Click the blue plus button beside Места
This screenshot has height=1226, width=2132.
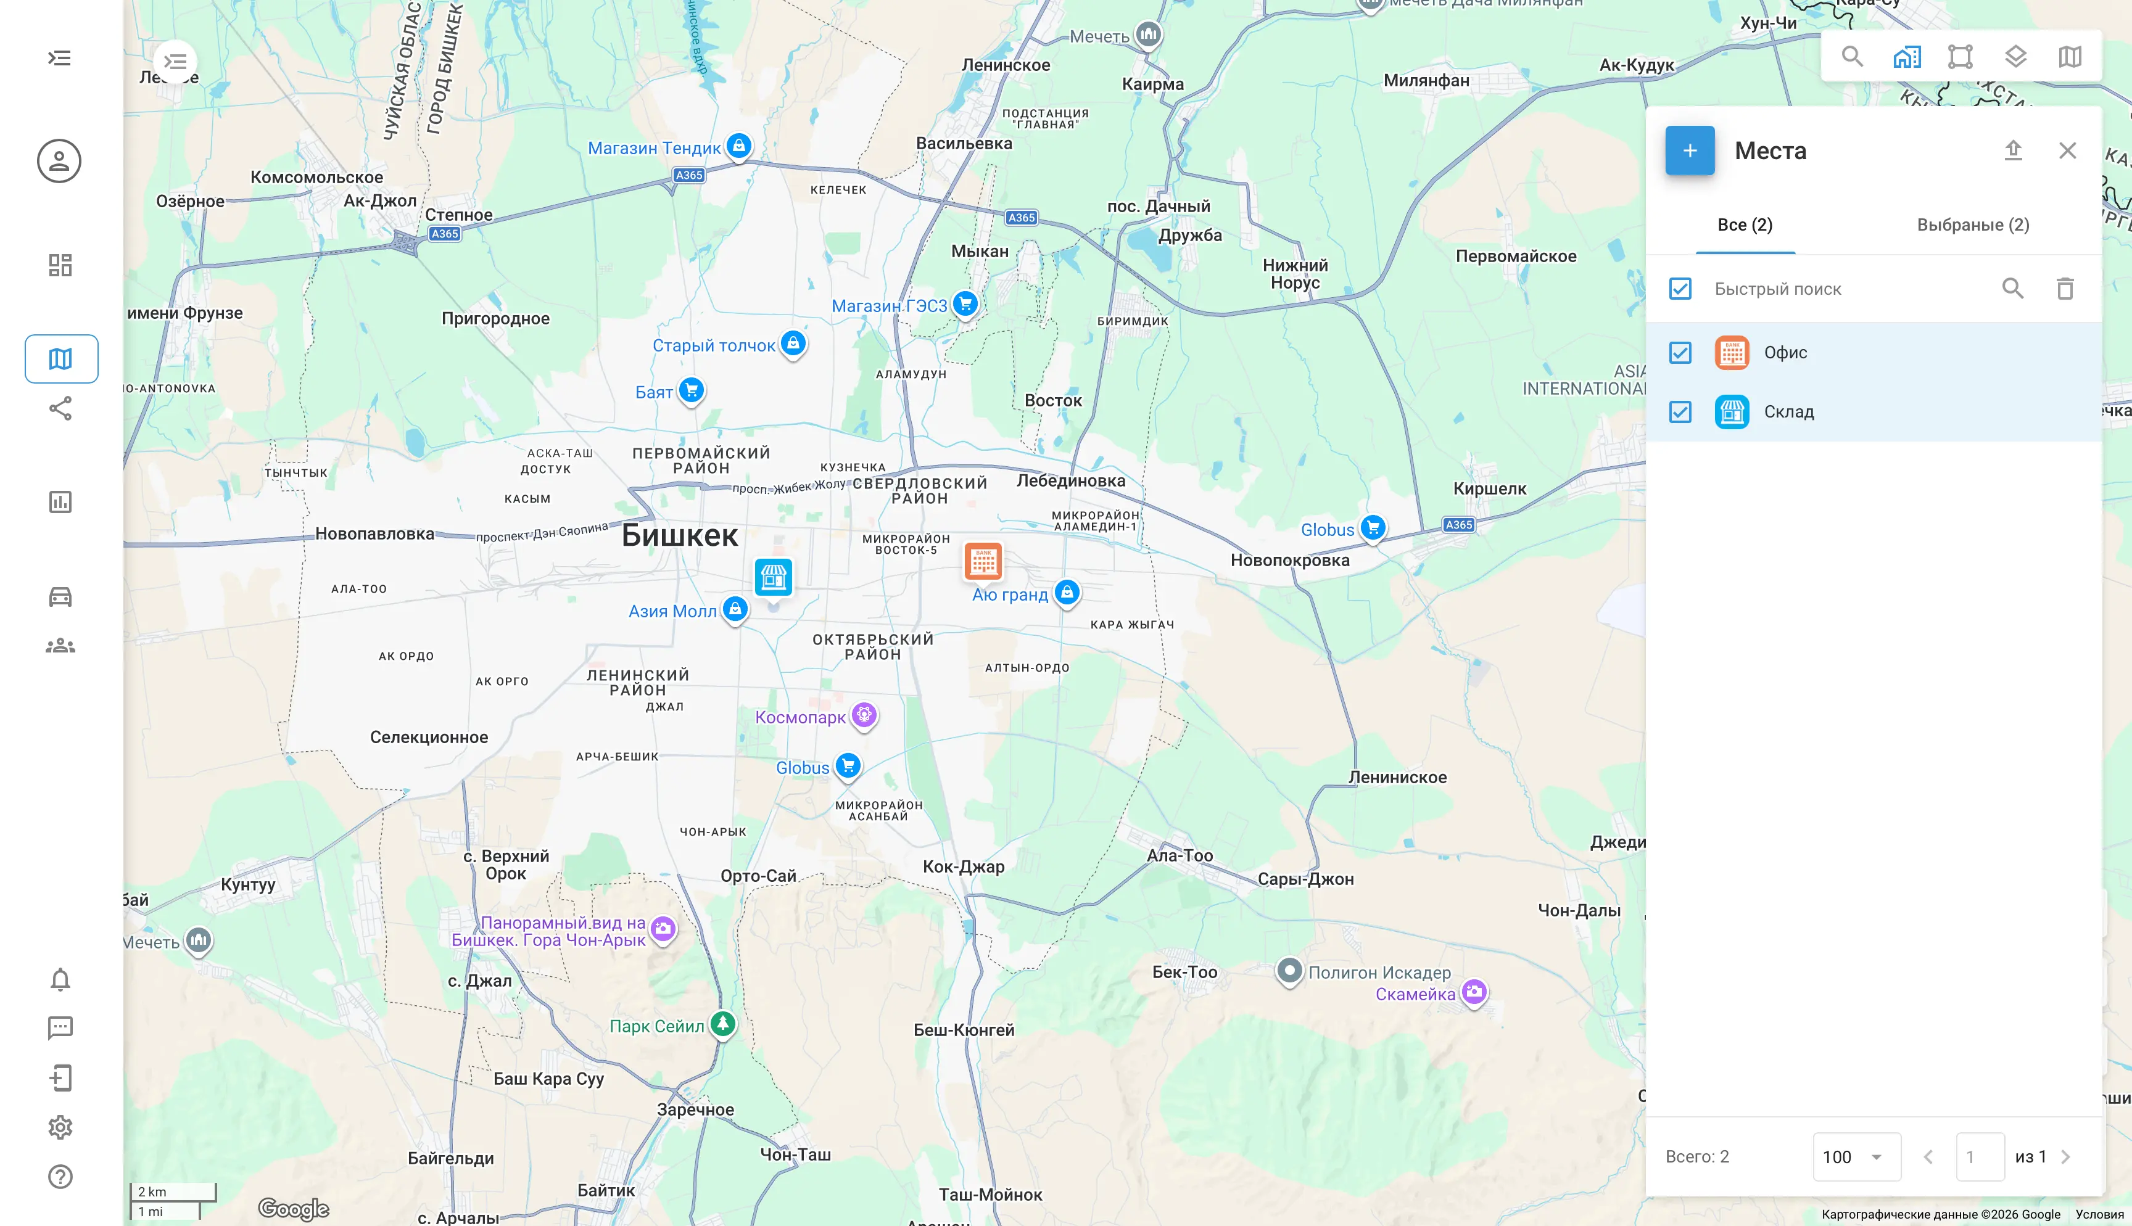tap(1689, 150)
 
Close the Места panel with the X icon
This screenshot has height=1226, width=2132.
tap(2067, 150)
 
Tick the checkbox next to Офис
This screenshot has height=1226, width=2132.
tap(1680, 353)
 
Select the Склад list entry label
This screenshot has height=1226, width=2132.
tap(1788, 412)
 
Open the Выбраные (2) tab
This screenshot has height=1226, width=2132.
tap(1972, 225)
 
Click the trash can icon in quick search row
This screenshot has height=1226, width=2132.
tap(2065, 289)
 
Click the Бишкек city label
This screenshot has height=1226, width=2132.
tap(679, 535)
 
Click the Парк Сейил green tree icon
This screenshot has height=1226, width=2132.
tap(722, 1024)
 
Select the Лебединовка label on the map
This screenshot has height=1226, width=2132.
tap(1070, 481)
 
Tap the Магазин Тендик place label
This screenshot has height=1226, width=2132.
tap(655, 148)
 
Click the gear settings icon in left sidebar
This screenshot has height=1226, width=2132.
tap(60, 1127)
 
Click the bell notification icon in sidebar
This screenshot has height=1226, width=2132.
tap(60, 979)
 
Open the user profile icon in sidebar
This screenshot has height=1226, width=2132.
tap(59, 161)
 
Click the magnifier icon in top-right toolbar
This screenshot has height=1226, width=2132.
tap(1851, 56)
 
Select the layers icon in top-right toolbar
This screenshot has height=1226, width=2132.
tap(2015, 56)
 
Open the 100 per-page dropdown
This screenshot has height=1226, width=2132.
tap(1856, 1156)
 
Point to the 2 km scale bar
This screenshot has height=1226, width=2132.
tap(173, 1191)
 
